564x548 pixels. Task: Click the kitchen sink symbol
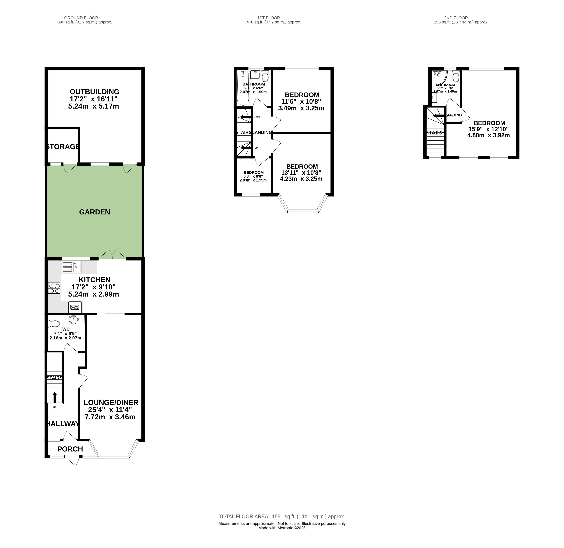(72, 267)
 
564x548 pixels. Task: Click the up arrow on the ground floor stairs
(55, 397)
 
